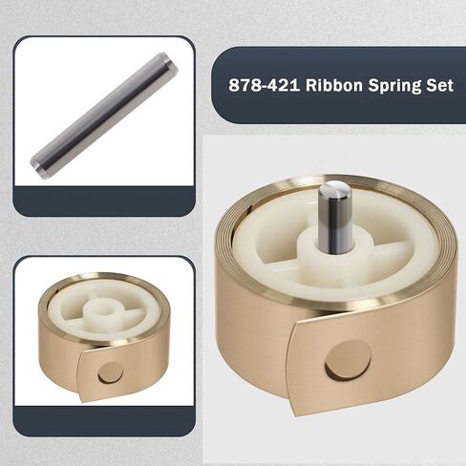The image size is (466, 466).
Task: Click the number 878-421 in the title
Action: click(x=261, y=84)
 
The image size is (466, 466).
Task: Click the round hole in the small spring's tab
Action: click(x=112, y=371)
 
